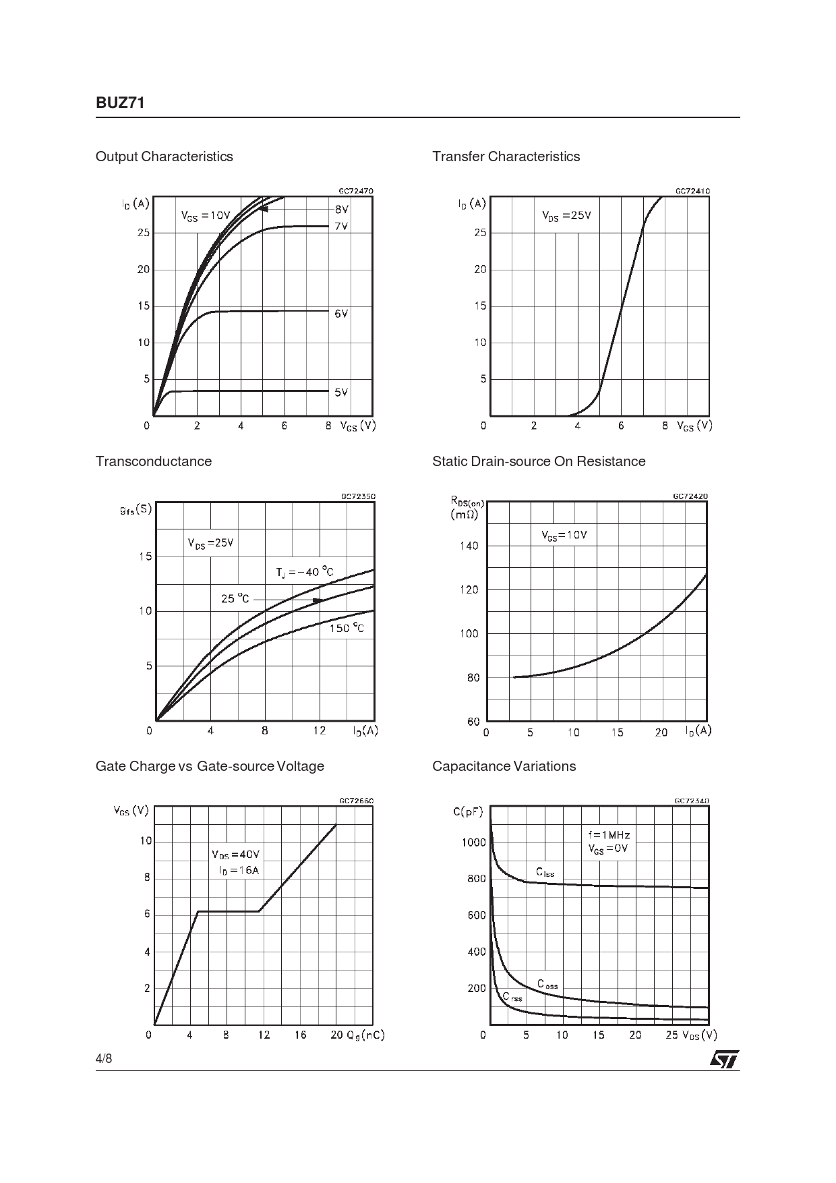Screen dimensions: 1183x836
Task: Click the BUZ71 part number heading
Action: click(121, 103)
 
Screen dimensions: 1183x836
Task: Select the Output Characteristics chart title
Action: click(165, 156)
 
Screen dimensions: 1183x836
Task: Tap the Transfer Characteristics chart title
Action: click(506, 156)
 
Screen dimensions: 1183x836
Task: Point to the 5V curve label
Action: click(341, 392)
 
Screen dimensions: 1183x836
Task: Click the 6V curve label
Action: click(341, 314)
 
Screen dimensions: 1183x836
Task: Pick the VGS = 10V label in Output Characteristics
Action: click(206, 216)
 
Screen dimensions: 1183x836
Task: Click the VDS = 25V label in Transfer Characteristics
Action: click(566, 216)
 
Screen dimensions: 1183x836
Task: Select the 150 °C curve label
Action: click(347, 629)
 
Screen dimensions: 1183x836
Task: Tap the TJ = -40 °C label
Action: click(304, 573)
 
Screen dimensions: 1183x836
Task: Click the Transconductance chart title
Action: click(154, 461)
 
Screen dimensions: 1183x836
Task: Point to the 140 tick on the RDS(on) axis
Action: click(469, 546)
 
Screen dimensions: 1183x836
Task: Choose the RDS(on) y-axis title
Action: click(467, 507)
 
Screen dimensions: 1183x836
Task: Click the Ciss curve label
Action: click(545, 872)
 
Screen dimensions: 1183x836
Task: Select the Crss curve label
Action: click(512, 997)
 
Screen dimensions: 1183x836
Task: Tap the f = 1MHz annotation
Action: click(609, 835)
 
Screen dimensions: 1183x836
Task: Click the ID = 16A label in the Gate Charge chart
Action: click(239, 870)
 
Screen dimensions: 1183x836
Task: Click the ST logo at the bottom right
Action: click(724, 1059)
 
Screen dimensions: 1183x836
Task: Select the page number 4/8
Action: click(104, 1058)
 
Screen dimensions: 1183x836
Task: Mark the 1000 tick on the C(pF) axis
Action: click(473, 842)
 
